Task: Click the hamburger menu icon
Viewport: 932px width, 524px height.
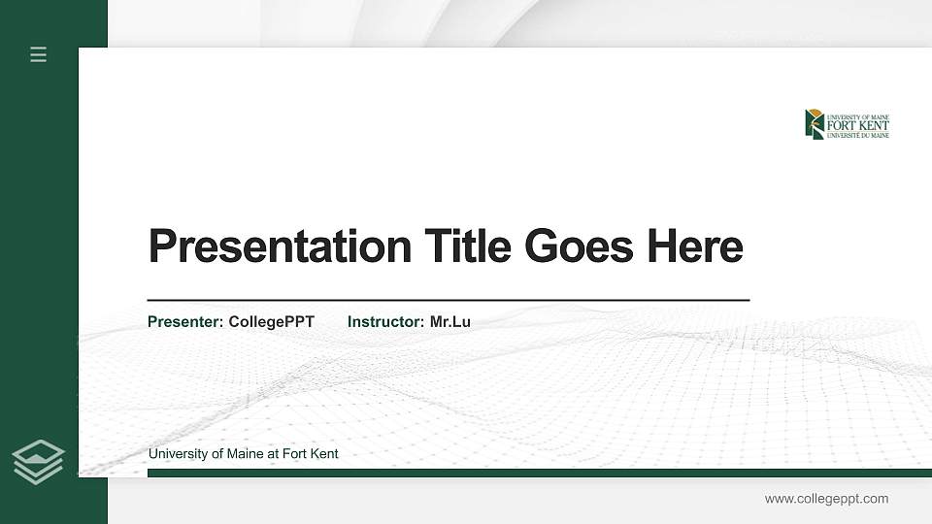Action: pyautogui.click(x=39, y=54)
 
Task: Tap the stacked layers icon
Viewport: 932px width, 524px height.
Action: pyautogui.click(x=39, y=461)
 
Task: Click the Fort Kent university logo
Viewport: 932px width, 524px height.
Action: pyautogui.click(x=847, y=124)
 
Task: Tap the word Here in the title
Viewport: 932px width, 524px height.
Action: pyautogui.click(x=695, y=246)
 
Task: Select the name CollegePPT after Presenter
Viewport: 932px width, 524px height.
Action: pyautogui.click(x=272, y=321)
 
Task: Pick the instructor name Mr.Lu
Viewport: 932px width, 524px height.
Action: pyautogui.click(x=450, y=321)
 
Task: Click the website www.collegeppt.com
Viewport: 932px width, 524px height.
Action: pyautogui.click(x=826, y=499)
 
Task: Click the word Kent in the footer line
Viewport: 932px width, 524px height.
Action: pyautogui.click(x=323, y=454)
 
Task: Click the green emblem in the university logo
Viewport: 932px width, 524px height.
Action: pyautogui.click(x=815, y=124)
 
